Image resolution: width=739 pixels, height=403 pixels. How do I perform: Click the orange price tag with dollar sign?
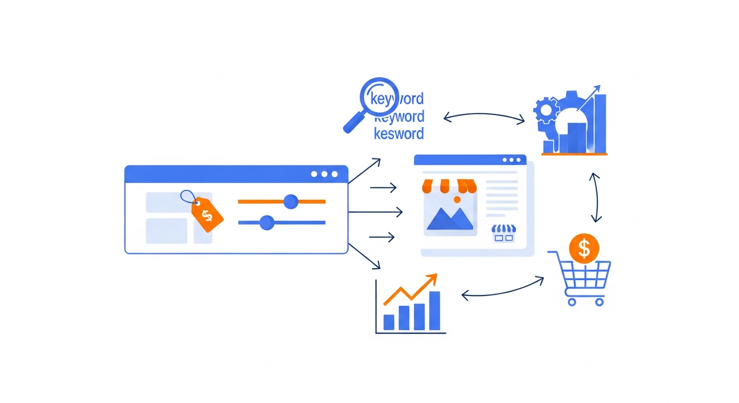(207, 214)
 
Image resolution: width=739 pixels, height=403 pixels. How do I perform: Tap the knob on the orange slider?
(290, 201)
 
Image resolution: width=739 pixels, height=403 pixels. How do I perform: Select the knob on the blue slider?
(267, 222)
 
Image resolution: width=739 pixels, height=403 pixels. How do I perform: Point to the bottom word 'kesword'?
(398, 134)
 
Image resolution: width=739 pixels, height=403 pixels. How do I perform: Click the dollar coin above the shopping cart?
(584, 248)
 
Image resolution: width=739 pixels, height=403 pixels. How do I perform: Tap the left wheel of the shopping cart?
(572, 302)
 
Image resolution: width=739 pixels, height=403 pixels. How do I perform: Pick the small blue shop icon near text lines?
(504, 233)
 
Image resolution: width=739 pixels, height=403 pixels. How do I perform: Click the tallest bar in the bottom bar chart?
(434, 311)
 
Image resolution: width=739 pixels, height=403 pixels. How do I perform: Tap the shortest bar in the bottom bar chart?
(389, 322)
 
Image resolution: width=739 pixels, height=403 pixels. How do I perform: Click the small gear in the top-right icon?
(544, 110)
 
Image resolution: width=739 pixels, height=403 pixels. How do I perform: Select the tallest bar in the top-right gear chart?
(599, 123)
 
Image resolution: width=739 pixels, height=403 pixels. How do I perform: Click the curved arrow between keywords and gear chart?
(483, 114)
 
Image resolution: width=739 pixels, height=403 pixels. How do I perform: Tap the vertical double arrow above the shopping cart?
(596, 197)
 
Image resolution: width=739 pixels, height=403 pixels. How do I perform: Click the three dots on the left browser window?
(324, 174)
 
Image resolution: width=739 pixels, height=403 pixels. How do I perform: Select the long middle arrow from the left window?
(375, 212)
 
